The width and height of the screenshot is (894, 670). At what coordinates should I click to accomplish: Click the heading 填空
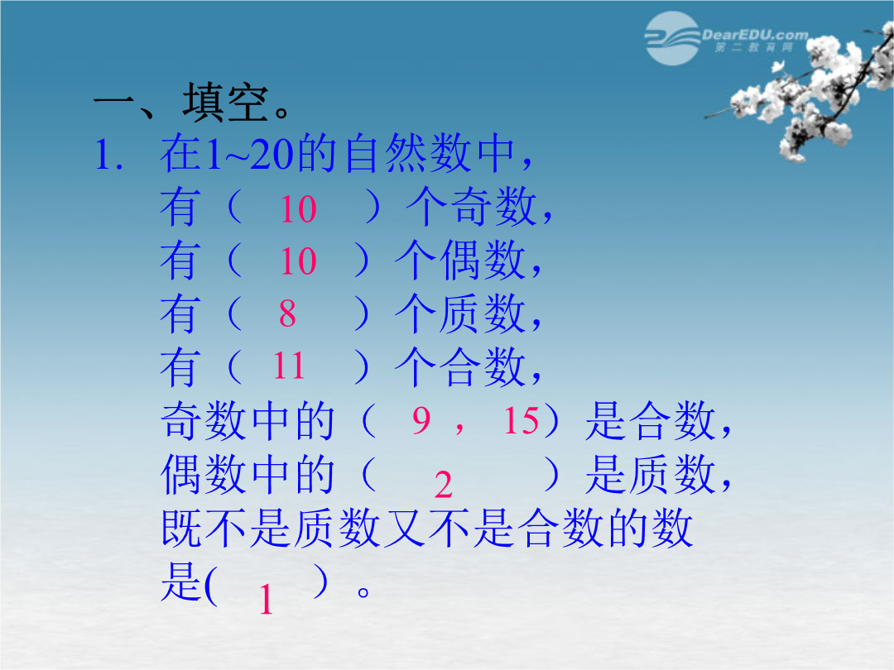[225, 103]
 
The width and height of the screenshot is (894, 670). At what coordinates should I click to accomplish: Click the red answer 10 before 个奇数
[298, 209]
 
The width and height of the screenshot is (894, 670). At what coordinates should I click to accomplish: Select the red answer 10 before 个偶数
[298, 261]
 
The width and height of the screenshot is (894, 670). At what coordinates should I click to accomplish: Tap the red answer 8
[287, 313]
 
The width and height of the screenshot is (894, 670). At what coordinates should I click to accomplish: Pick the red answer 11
[289, 366]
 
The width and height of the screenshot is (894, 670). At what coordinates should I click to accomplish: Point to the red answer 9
[421, 420]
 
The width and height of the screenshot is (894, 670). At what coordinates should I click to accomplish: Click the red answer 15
[521, 420]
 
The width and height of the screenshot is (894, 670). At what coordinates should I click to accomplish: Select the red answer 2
[443, 486]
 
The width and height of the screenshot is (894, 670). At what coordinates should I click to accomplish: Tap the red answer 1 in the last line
[266, 600]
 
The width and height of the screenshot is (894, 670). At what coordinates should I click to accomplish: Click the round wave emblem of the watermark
[672, 38]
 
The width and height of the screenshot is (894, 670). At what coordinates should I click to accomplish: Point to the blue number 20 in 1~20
[272, 154]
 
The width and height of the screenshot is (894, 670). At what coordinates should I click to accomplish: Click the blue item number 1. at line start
[109, 155]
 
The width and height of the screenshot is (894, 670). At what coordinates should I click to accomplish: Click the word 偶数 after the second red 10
[483, 260]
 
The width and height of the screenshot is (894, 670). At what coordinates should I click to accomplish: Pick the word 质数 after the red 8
[483, 313]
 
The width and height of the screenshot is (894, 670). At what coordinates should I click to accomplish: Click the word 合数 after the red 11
[483, 366]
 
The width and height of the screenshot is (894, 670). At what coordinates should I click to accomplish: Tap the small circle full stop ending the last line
[363, 592]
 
